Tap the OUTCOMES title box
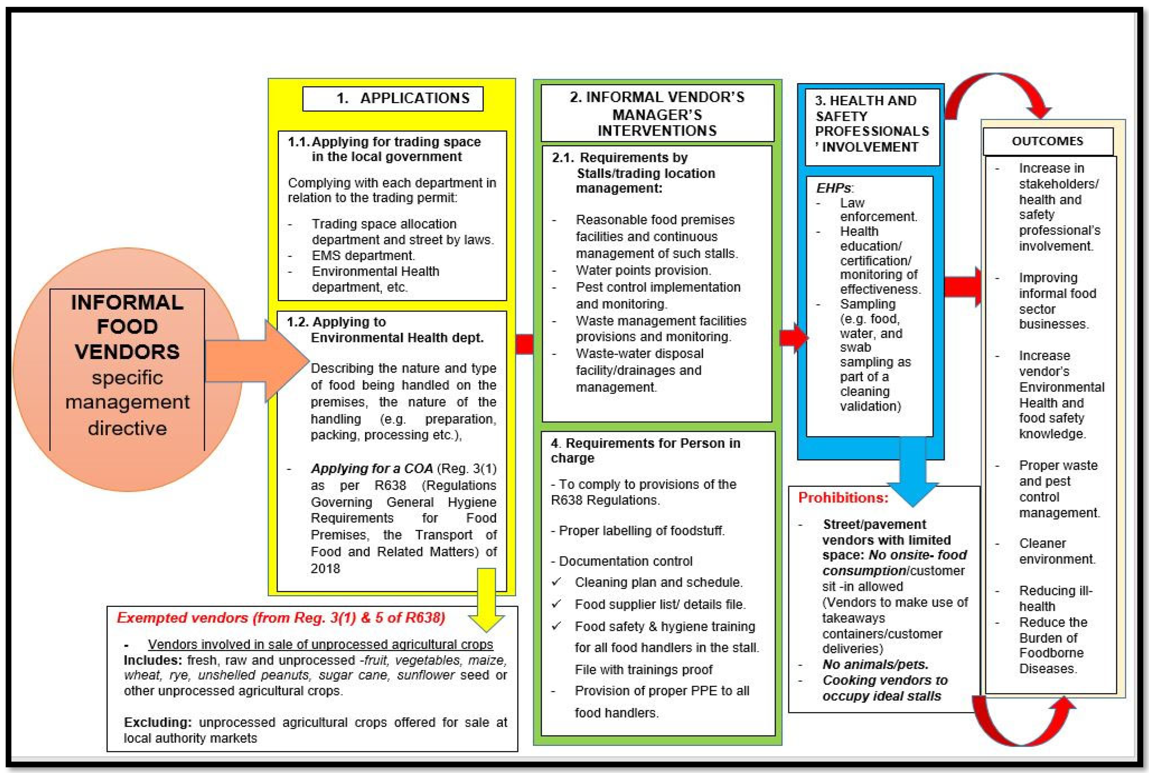tap(1048, 141)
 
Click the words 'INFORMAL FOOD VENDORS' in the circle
tap(127, 326)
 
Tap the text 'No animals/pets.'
tap(875, 664)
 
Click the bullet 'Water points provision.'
tap(643, 270)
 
